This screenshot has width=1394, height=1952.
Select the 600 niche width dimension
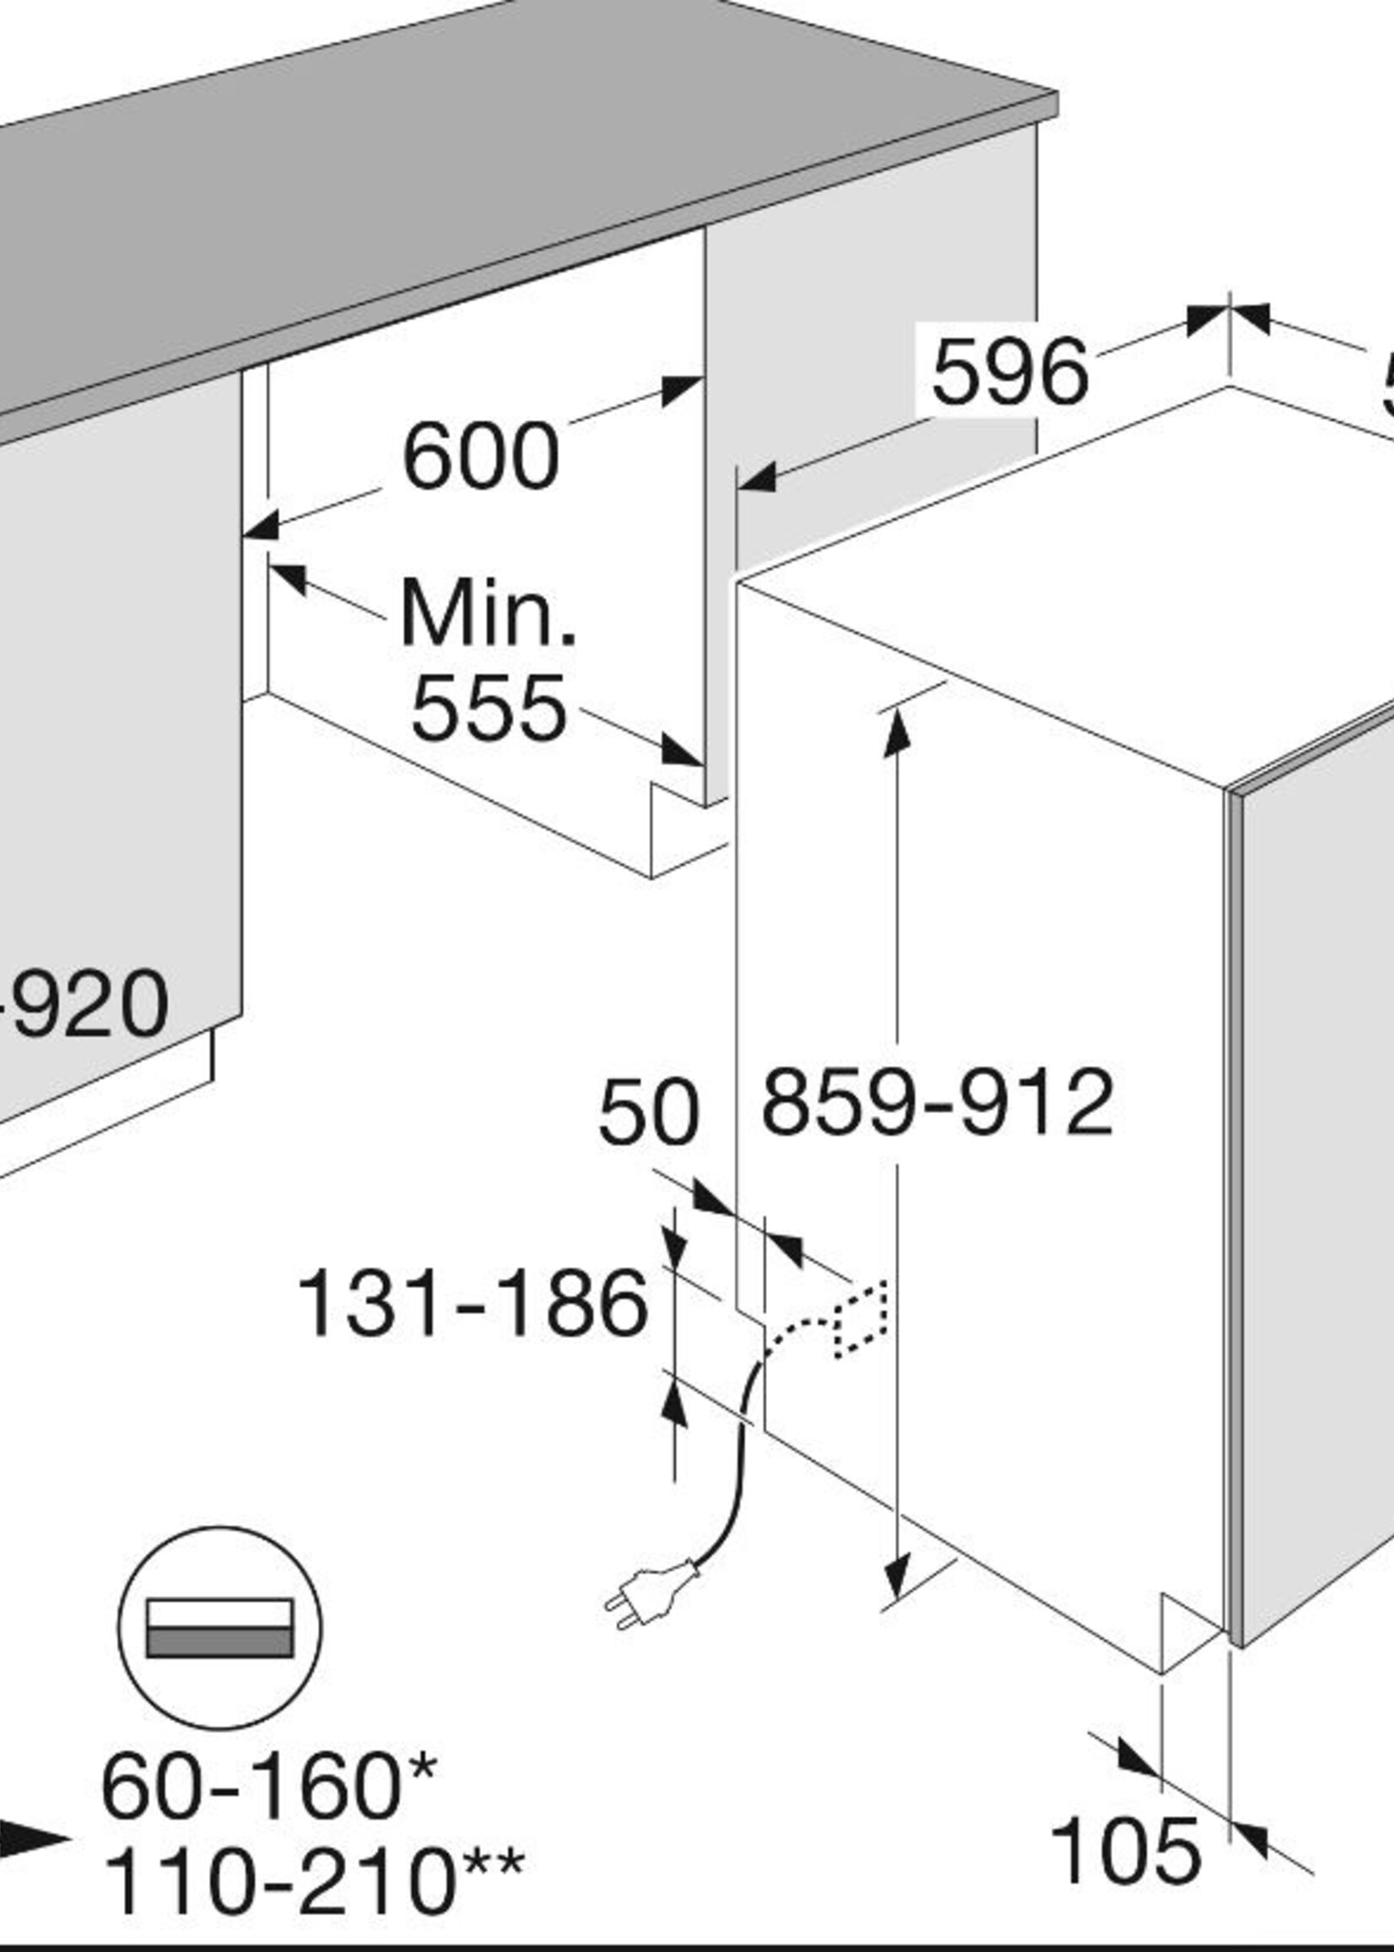(481, 456)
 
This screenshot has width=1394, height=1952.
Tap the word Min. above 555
(488, 614)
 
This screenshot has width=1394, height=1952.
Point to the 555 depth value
(489, 709)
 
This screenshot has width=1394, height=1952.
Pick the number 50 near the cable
(648, 1113)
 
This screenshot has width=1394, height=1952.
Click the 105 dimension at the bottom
(1125, 1852)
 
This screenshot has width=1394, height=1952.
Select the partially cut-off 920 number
(86, 1003)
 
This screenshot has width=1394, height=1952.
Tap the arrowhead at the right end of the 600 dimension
(683, 391)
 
